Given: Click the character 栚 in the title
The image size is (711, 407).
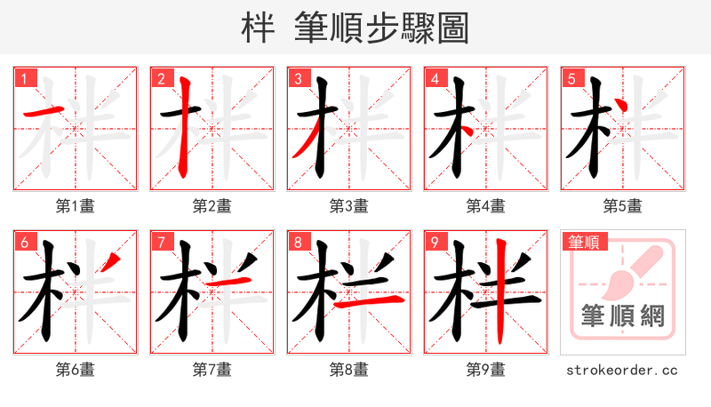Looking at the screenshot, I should [x=259, y=28].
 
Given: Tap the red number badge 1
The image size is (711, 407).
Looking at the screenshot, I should [x=24, y=79].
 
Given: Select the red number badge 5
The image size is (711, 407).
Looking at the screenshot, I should [x=571, y=79].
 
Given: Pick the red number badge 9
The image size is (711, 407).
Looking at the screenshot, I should [x=435, y=243].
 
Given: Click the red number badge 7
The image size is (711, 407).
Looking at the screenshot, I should [x=161, y=243].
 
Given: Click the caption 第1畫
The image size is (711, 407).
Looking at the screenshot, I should [x=75, y=206].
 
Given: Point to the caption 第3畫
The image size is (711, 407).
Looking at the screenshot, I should [x=348, y=206].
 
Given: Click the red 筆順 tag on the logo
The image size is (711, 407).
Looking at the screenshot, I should [x=582, y=242].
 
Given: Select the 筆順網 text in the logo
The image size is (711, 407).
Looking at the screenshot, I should [x=623, y=316].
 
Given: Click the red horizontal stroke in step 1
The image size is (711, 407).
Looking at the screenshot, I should [x=42, y=112].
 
